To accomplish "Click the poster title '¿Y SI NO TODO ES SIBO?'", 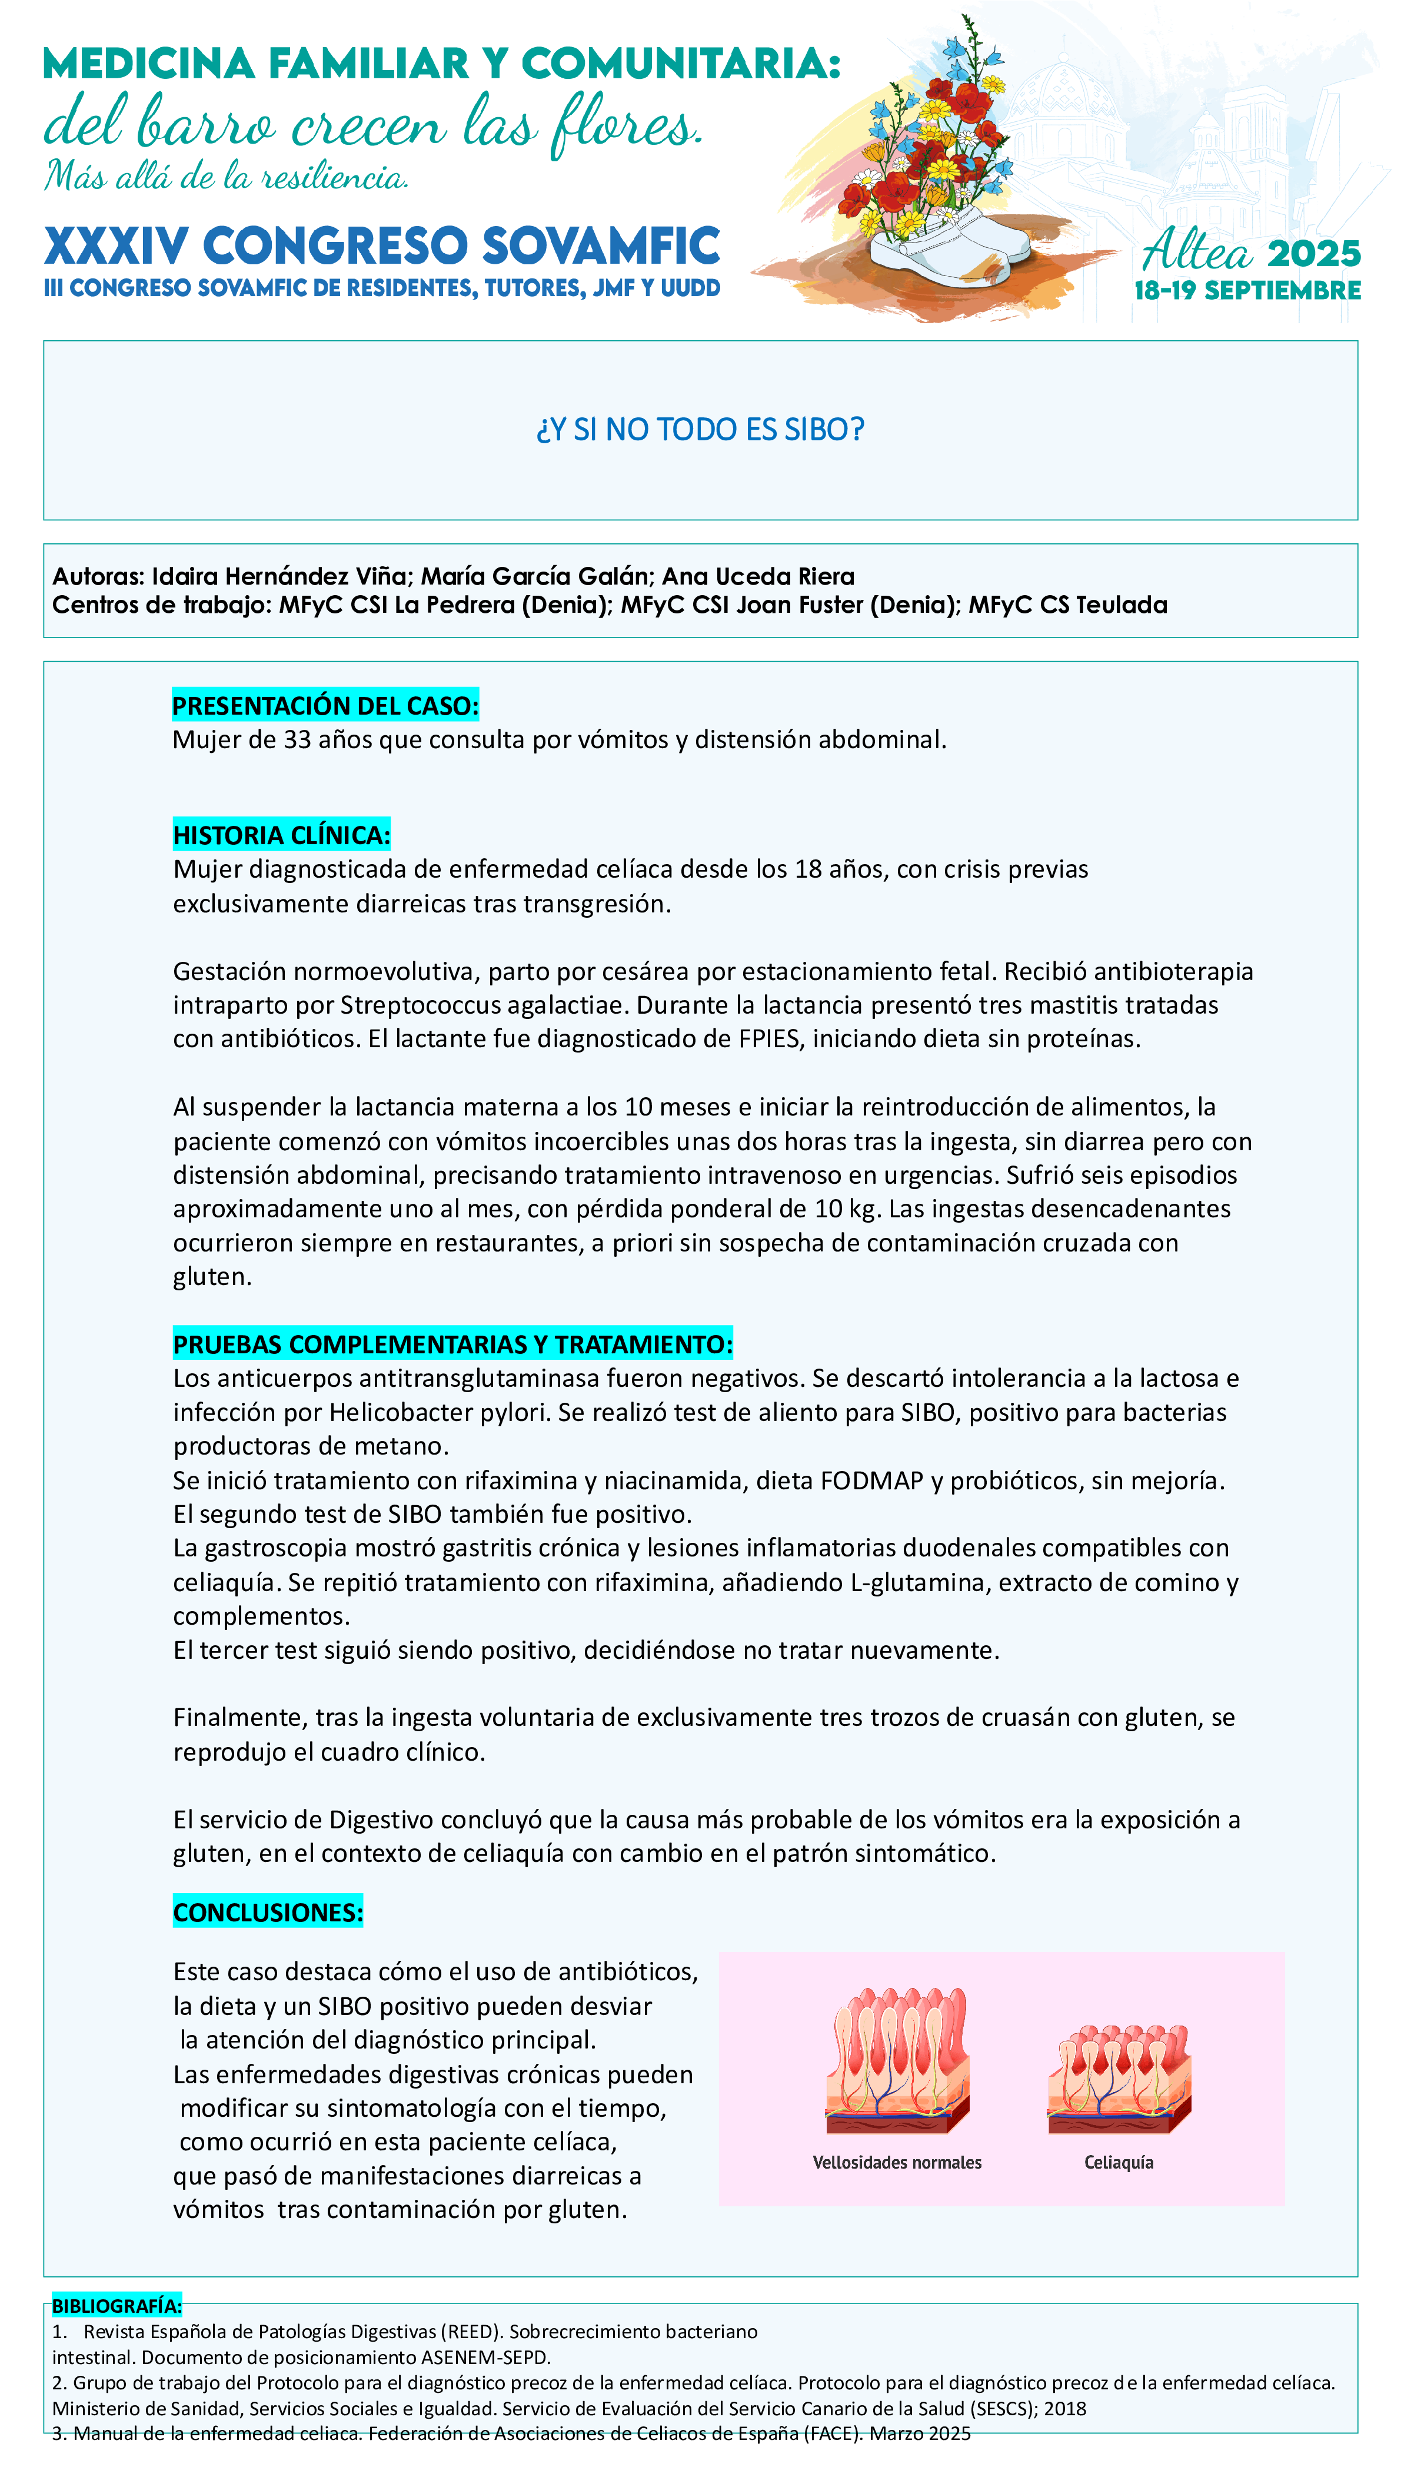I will (x=700, y=429).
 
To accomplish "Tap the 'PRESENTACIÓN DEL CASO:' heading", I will (x=324, y=706).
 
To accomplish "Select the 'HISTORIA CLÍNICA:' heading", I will (x=281, y=835).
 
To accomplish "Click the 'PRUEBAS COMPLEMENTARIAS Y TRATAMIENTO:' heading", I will (x=452, y=1344).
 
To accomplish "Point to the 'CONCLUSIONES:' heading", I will (x=268, y=1912).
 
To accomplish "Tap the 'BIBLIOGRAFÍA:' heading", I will (x=115, y=2305).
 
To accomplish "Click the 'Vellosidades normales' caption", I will (x=897, y=2162).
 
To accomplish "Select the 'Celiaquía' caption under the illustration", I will (x=1118, y=2162).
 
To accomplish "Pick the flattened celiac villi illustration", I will (x=1119, y=2079).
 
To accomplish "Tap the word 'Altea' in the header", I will (x=1196, y=252).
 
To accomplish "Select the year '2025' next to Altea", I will (x=1313, y=254).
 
